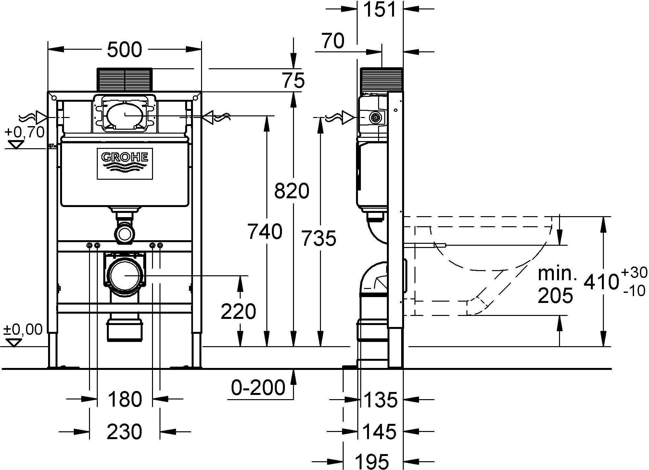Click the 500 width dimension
coord(125,50)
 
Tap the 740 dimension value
coord(265,231)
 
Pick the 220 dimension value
coord(238,311)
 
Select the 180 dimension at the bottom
coord(125,399)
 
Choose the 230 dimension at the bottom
coord(125,431)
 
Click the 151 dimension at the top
coord(380,9)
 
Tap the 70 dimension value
coord(333,41)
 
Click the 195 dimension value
coord(372,461)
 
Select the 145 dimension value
coord(380,431)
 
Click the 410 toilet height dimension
coord(601,281)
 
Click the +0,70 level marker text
coord(25,132)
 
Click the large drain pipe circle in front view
coord(125,275)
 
